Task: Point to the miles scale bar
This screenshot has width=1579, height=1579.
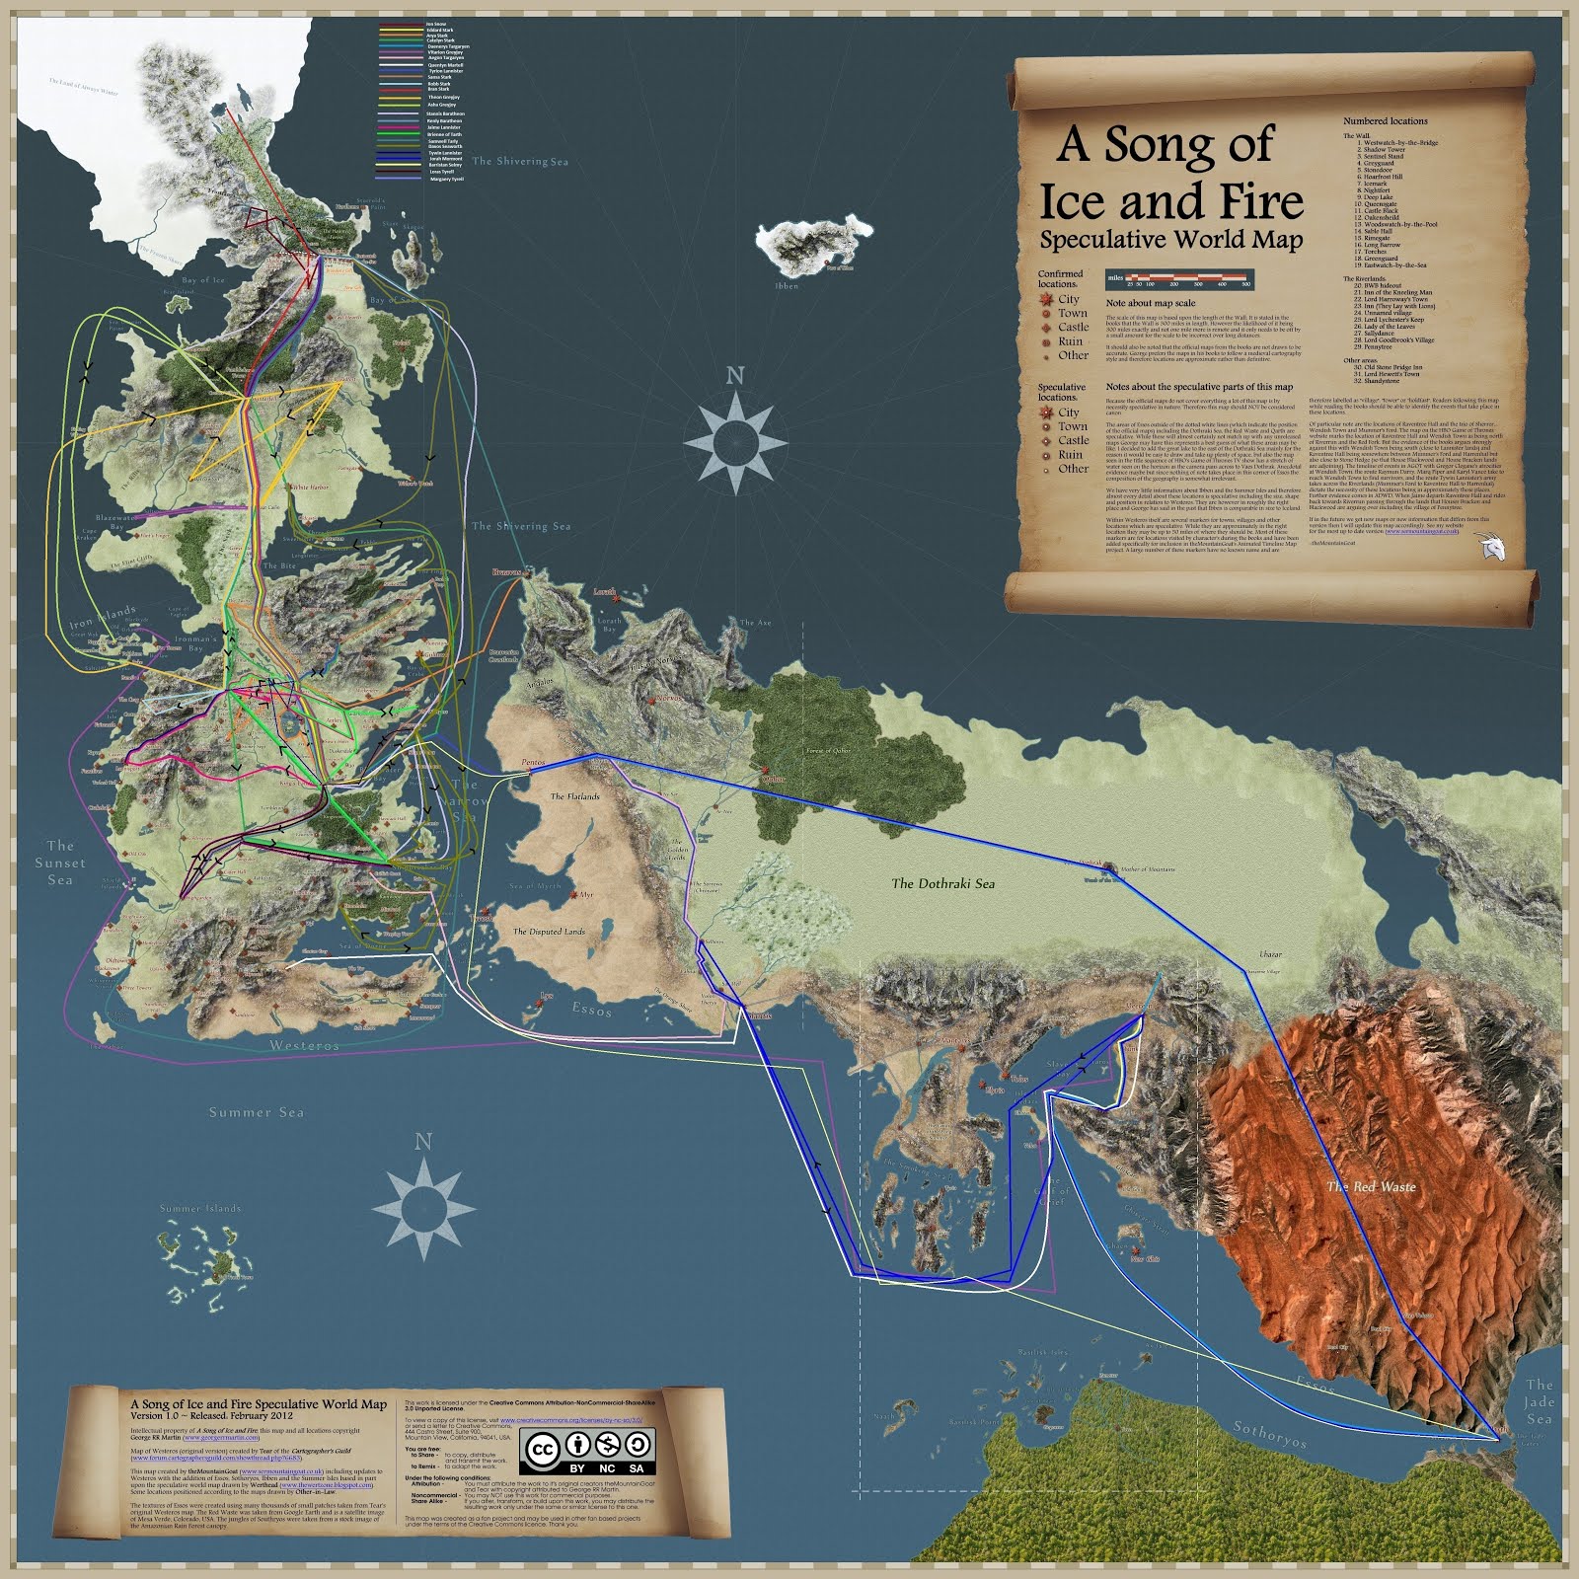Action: pyautogui.click(x=1180, y=279)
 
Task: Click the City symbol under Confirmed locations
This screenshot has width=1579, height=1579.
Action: pyautogui.click(x=1045, y=299)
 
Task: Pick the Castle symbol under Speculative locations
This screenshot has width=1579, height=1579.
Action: pyautogui.click(x=1046, y=441)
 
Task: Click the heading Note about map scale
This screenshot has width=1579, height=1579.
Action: pyautogui.click(x=1150, y=303)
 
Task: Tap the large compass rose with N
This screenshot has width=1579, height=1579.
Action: pyautogui.click(x=734, y=435)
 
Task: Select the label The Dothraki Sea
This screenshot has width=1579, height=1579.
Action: pyautogui.click(x=942, y=883)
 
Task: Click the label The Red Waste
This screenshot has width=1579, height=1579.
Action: pyautogui.click(x=1371, y=1186)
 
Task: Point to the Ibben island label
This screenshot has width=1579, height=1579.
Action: pyautogui.click(x=787, y=286)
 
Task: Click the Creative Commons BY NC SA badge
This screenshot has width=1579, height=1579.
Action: pyautogui.click(x=590, y=1450)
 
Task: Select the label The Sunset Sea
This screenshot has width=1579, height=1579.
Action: pyautogui.click(x=60, y=863)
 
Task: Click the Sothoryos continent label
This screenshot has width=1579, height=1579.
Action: pyautogui.click(x=1269, y=1435)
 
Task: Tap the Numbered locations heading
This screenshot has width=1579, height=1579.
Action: pyautogui.click(x=1385, y=121)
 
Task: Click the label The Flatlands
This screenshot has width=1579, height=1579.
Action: pyautogui.click(x=574, y=796)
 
